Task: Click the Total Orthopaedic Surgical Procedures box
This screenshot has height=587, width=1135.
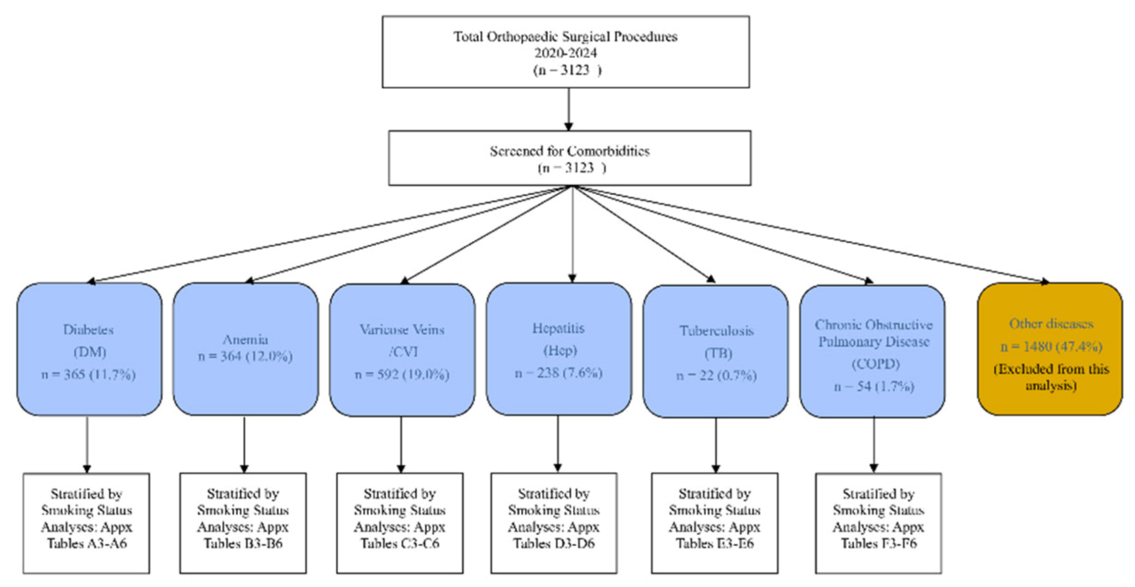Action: coord(565,52)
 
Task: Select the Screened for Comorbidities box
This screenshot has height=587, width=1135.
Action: coord(569,158)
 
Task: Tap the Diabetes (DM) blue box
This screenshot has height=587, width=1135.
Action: coord(89,349)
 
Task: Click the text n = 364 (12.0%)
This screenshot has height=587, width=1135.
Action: coord(245,356)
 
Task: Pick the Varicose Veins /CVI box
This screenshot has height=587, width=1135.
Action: coord(402,349)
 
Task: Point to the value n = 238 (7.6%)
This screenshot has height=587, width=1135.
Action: coord(558,373)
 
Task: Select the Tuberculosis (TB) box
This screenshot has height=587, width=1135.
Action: coord(716,351)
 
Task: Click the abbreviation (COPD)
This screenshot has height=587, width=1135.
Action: coord(875,364)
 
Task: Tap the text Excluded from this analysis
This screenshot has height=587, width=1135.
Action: coord(1051,377)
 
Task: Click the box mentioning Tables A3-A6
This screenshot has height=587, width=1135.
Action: coord(86,523)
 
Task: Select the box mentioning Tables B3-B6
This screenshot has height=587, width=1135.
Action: coord(243,523)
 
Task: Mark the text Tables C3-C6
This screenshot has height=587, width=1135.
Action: coord(400,544)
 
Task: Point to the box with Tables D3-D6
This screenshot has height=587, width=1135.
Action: coord(554,523)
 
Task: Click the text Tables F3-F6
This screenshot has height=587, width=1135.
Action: coord(878,544)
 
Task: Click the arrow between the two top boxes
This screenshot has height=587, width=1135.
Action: coord(568,109)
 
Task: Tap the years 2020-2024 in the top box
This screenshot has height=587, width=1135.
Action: coord(565,53)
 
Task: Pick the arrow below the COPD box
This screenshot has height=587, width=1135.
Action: coord(874,444)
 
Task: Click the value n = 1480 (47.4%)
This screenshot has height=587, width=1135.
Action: coord(1051,346)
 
